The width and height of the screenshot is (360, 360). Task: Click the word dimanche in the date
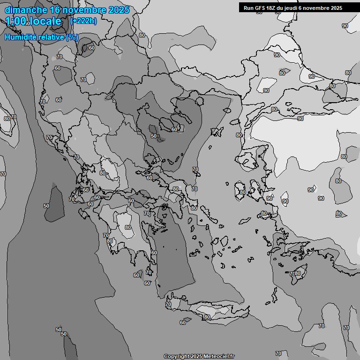25,10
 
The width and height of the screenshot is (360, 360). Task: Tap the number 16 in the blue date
55,10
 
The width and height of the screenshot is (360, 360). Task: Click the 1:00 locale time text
34,21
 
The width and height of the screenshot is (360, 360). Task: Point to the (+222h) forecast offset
83,21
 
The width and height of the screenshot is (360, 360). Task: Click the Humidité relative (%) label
42,37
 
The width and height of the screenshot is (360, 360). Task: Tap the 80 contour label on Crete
207,317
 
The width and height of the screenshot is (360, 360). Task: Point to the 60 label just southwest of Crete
183,322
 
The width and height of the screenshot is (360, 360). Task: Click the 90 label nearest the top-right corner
345,26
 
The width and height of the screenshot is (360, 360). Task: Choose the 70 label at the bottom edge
278,353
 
